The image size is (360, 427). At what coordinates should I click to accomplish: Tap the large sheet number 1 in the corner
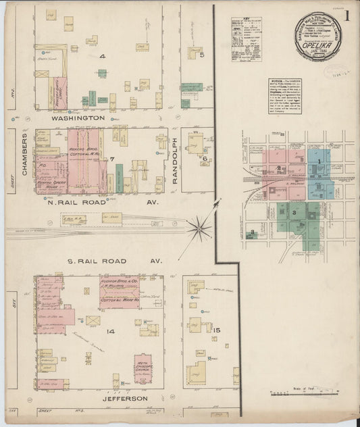pyautogui.click(x=346, y=15)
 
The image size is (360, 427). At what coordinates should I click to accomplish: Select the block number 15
pyautogui.click(x=216, y=330)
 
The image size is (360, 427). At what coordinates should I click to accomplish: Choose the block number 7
pyautogui.click(x=113, y=159)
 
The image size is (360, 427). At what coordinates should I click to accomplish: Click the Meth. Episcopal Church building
pyautogui.click(x=143, y=366)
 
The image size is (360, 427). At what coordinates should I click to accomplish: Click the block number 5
pyautogui.click(x=202, y=55)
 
